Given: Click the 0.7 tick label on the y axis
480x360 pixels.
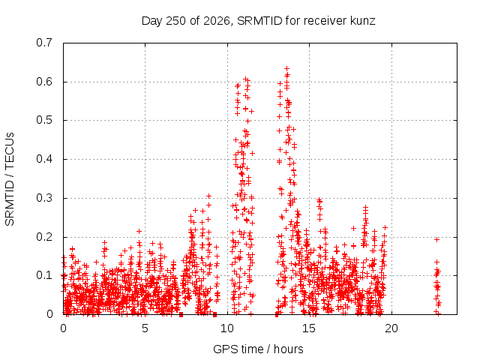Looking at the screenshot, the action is click(44, 43).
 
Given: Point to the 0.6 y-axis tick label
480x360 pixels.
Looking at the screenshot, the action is click(44, 82).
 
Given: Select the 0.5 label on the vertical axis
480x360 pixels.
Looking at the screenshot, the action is click(44, 120).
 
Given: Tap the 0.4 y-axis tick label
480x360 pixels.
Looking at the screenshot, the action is click(44, 159).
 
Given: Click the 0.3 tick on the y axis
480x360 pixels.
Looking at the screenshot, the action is click(44, 198).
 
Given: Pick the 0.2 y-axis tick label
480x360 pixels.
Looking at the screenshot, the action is click(44, 237).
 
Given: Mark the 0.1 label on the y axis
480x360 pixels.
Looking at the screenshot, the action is click(44, 275).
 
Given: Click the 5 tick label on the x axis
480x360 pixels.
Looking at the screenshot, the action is click(145, 328).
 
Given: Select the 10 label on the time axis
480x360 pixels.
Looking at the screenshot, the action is click(227, 328).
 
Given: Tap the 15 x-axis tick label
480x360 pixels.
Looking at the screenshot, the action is click(309, 328).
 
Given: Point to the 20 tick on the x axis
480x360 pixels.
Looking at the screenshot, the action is click(391, 328).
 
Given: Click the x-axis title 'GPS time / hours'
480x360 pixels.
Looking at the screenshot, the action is click(258, 349).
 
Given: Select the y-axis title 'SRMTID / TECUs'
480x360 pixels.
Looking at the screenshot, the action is click(10, 179).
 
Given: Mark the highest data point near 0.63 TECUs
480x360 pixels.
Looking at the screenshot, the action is click(286, 68).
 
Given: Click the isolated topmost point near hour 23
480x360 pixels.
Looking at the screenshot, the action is click(436, 240).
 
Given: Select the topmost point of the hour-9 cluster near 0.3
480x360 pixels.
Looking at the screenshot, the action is click(208, 196).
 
